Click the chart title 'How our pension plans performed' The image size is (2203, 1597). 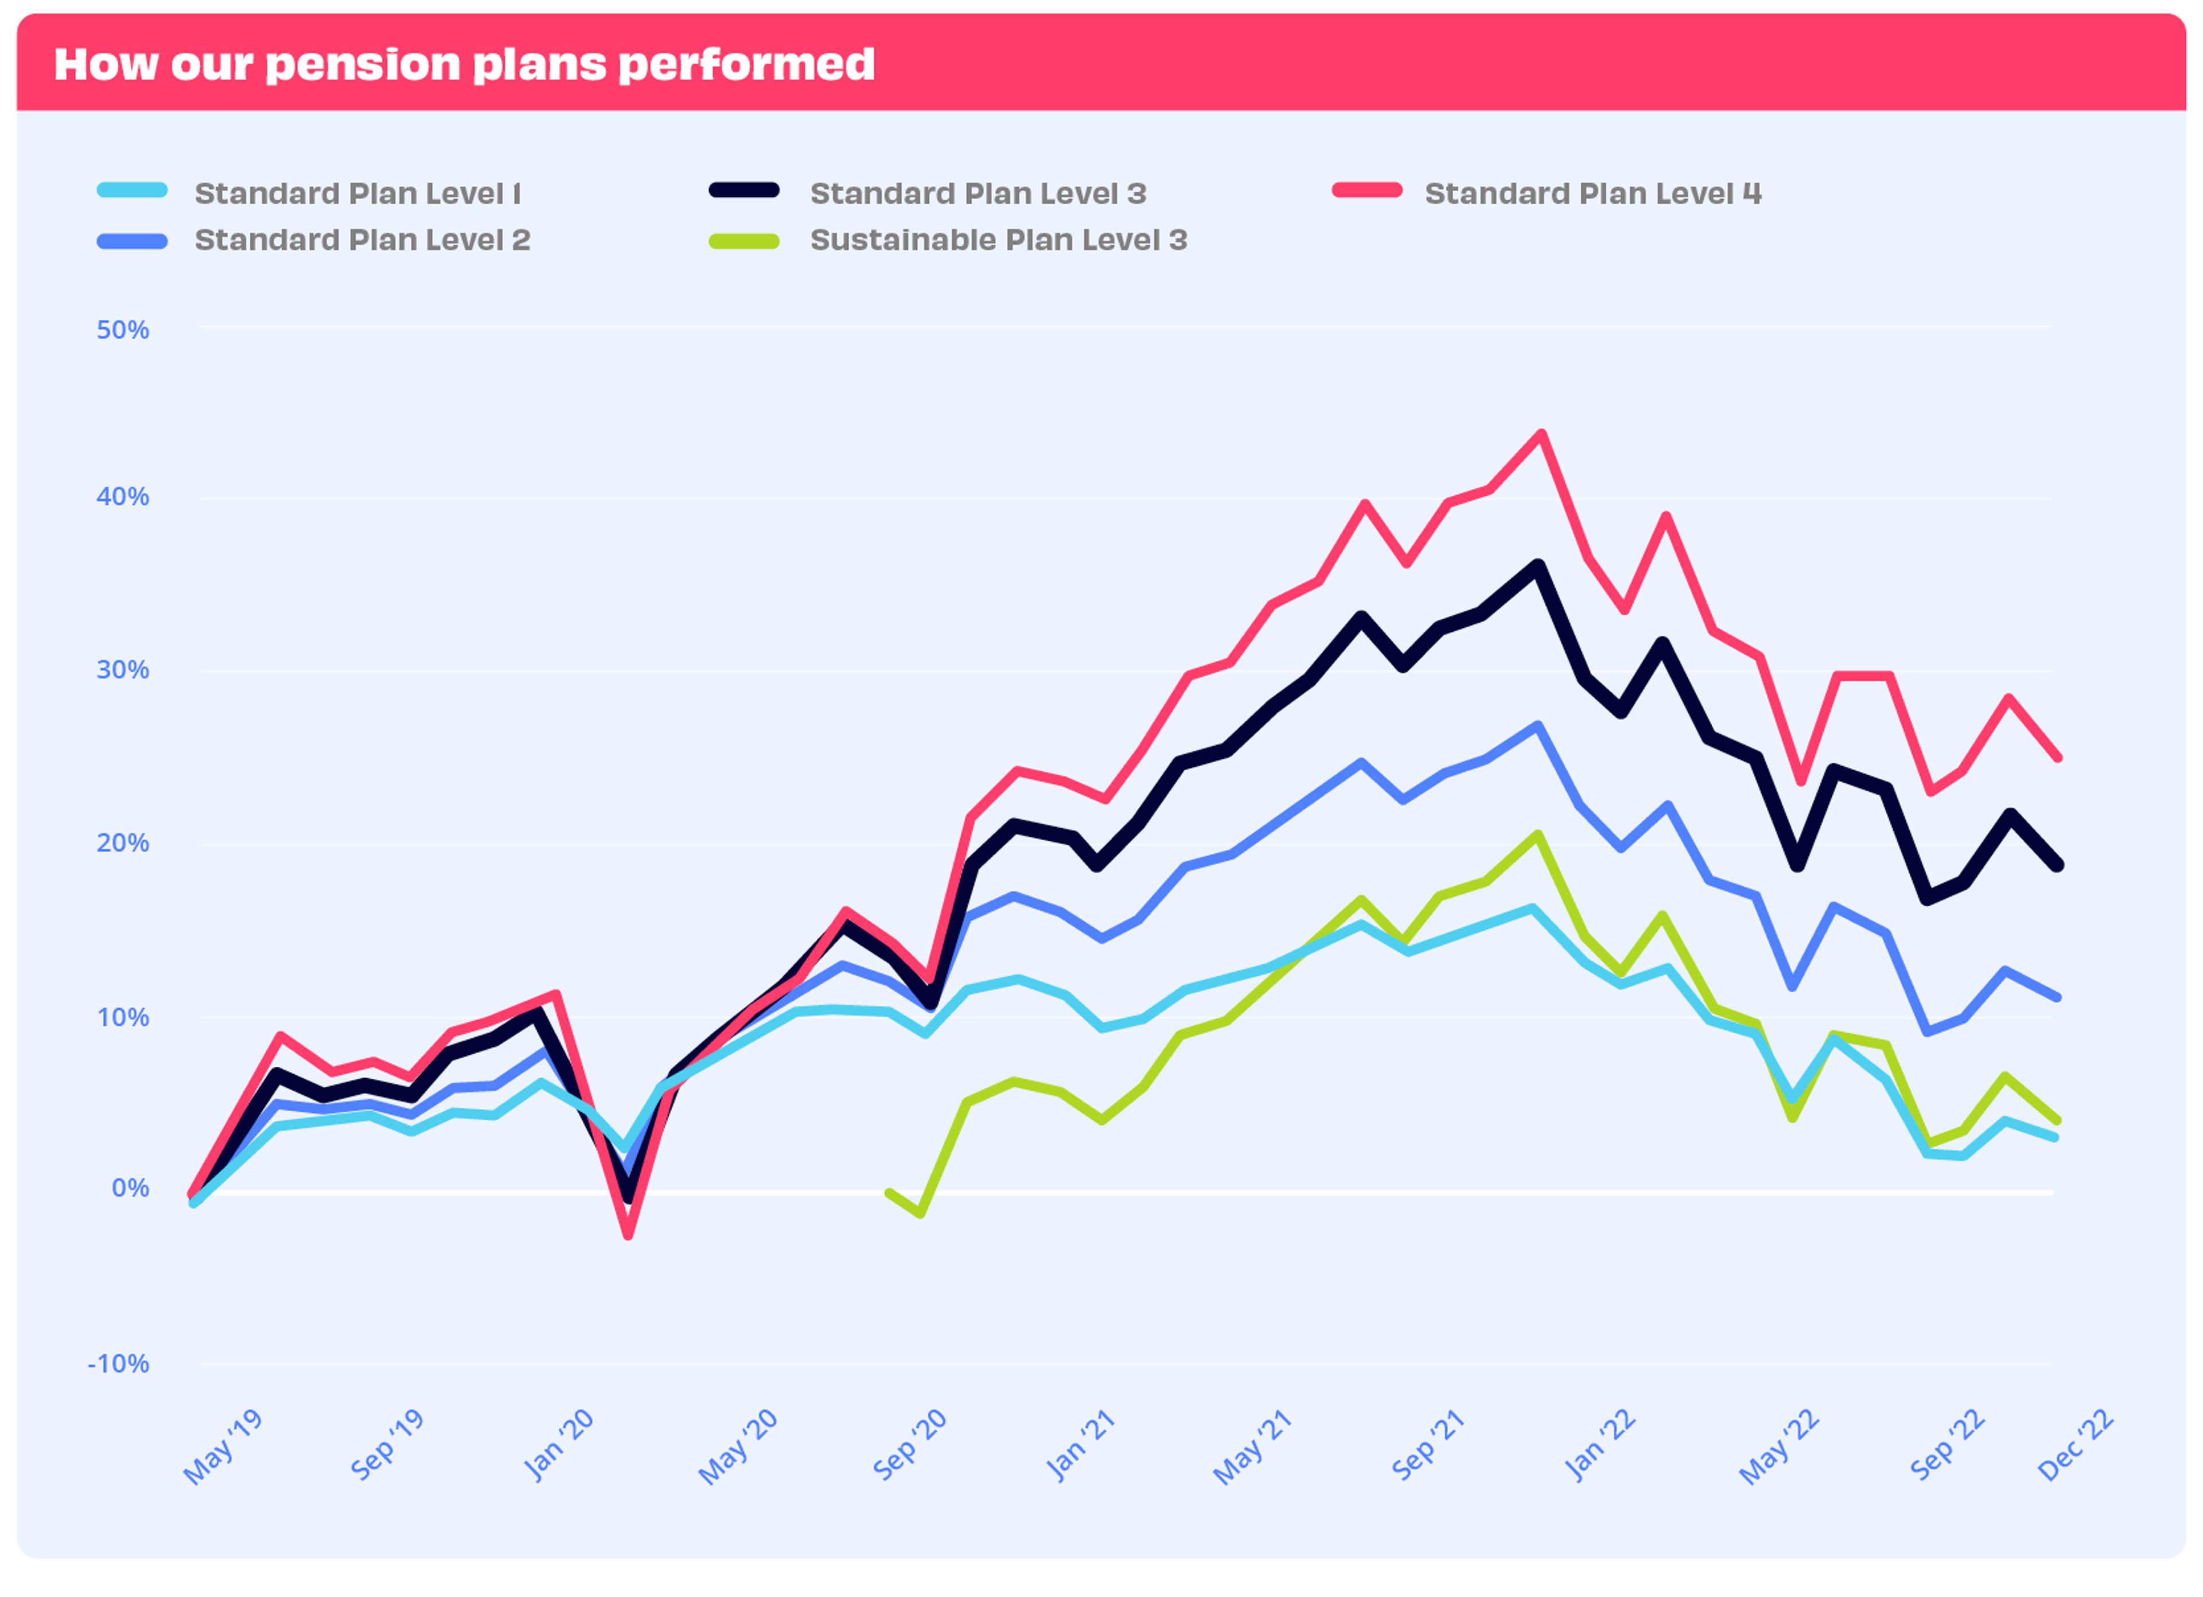tap(464, 64)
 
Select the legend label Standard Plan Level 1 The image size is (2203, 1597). tap(357, 193)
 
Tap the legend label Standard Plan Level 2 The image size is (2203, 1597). tap(363, 240)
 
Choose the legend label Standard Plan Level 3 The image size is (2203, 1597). tap(978, 193)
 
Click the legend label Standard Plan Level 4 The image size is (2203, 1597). tap(1593, 193)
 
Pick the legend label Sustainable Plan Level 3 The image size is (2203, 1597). tap(999, 240)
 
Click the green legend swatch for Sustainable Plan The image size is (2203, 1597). tap(744, 241)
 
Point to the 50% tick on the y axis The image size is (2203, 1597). tap(122, 331)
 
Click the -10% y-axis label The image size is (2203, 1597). tap(119, 1364)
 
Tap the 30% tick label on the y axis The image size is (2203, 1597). tap(122, 670)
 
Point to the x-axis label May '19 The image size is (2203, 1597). tap(223, 1447)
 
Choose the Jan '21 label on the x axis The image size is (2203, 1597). tap(1080, 1447)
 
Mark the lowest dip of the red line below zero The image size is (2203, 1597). tap(628, 1235)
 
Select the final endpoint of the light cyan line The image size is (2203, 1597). tap(2056, 1137)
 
